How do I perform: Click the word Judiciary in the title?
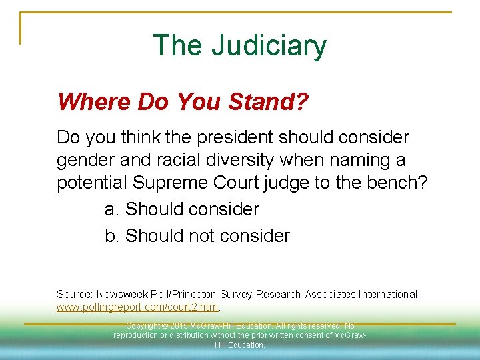pos(269,45)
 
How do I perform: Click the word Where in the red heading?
pos(94,102)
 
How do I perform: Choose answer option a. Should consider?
pos(182,209)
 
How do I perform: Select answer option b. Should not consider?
pos(197,236)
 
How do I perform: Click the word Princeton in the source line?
pos(205,294)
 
